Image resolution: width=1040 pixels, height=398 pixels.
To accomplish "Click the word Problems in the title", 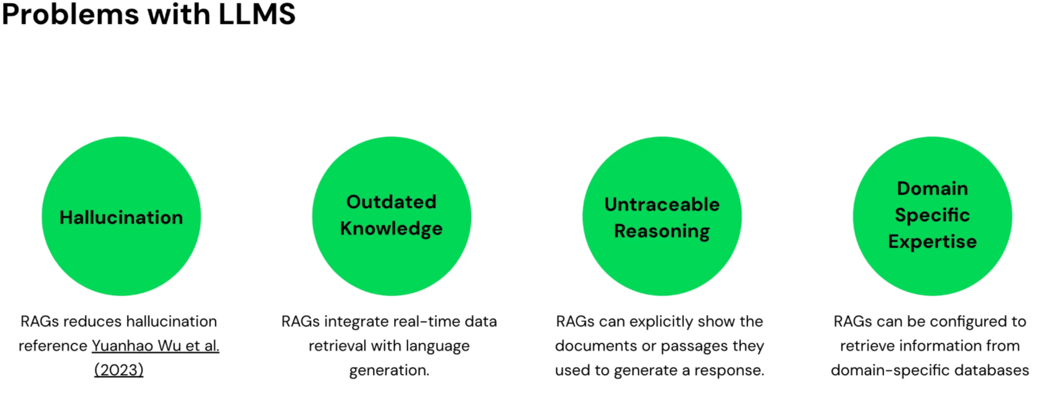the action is pos(70,14).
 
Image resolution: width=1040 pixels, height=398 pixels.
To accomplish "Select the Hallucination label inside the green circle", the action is pos(121,217).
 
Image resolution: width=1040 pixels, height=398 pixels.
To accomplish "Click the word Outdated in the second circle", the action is pos(392,202).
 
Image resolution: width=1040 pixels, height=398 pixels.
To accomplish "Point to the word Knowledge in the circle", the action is pos(392,229).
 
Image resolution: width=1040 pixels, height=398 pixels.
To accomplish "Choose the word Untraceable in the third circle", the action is pos(662,204).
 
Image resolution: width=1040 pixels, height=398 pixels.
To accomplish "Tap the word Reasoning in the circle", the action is pos(662,231).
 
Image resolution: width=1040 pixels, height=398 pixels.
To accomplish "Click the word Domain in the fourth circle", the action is pos(932,188).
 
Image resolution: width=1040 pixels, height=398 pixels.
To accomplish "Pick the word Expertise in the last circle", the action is pos(932,242).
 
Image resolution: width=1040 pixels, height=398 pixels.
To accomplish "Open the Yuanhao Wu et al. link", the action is pos(155,346).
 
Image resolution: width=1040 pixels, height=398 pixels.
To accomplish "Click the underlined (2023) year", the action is pos(118,370).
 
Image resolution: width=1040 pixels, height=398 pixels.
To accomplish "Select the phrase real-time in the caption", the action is pos(410,322).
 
